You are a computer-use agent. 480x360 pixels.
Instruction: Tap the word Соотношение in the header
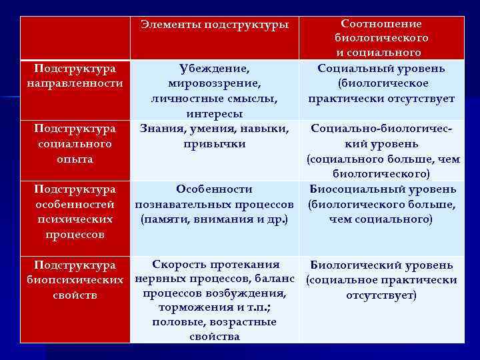coord(381,23)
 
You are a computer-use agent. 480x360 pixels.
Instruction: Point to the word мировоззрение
coord(214,83)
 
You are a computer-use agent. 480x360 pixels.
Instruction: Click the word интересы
coord(214,113)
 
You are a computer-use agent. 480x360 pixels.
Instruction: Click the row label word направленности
coord(75,83)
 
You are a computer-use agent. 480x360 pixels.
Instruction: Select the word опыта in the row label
coord(75,159)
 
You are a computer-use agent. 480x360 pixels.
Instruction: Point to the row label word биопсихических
coord(75,279)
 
